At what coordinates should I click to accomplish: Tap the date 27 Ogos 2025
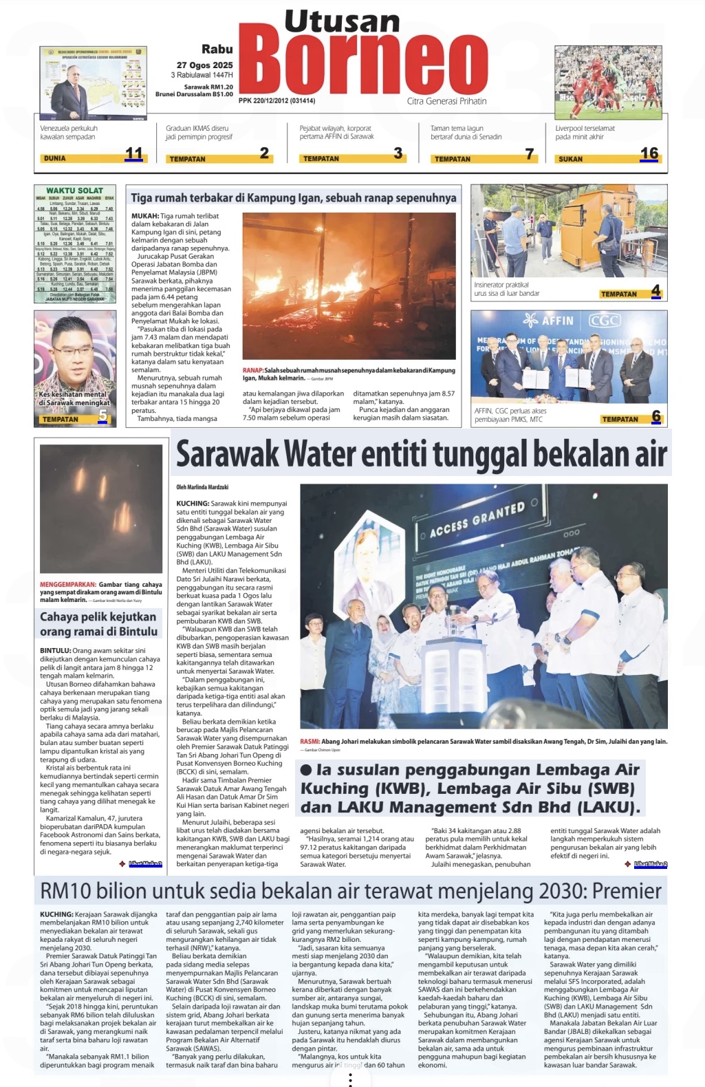[x=204, y=65]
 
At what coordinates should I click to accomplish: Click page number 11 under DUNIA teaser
[x=133, y=154]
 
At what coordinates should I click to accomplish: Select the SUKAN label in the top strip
[x=571, y=159]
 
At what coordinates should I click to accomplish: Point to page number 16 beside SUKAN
[x=649, y=153]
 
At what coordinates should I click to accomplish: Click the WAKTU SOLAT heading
[x=74, y=191]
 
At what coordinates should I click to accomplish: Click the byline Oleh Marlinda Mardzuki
[x=202, y=487]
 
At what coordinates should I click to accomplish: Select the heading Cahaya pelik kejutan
[x=98, y=616]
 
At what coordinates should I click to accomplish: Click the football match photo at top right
[x=608, y=82]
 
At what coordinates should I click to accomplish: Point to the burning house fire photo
[x=349, y=286]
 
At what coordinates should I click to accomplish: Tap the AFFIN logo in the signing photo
[x=549, y=321]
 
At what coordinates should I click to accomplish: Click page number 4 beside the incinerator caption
[x=655, y=291]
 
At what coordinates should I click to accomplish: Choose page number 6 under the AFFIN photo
[x=656, y=416]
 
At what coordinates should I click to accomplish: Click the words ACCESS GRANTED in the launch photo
[x=477, y=519]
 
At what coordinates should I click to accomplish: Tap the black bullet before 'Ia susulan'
[x=306, y=771]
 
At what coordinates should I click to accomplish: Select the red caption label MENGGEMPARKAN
[x=67, y=585]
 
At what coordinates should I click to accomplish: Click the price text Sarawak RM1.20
[x=208, y=87]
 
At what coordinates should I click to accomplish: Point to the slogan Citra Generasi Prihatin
[x=446, y=101]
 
